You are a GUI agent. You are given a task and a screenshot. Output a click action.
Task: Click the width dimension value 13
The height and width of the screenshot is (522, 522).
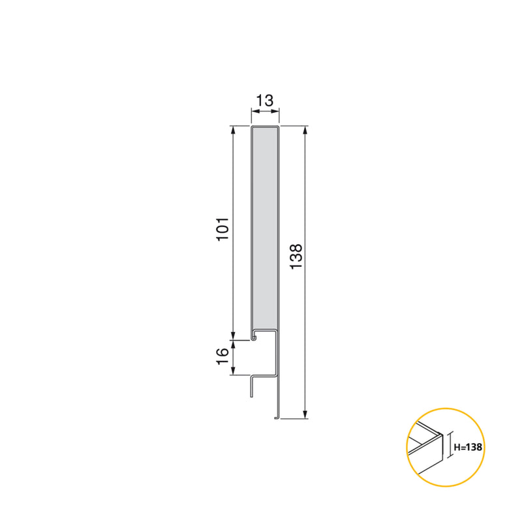point(264,100)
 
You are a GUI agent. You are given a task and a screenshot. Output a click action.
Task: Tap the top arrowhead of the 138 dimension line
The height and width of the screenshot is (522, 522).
point(305,130)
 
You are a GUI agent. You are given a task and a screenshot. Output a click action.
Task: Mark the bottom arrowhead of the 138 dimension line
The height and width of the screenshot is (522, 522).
point(305,414)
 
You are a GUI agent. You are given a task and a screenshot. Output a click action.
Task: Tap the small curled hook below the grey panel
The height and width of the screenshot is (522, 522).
point(253,338)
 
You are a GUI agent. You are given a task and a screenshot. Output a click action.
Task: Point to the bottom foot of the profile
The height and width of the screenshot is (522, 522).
point(277,416)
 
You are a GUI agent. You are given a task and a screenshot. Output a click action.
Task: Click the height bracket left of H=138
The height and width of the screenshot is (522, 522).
point(450,447)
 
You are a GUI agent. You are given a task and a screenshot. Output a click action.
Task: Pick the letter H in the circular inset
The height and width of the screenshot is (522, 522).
point(456,447)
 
